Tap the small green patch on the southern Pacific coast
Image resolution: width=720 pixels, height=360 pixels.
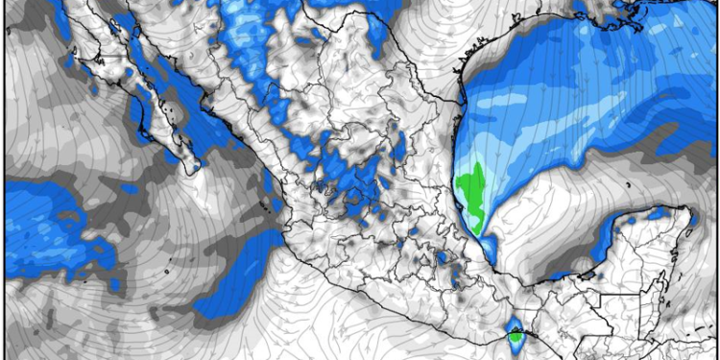(x=516, y=336)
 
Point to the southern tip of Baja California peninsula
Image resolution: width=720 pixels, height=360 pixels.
(x=199, y=169)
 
